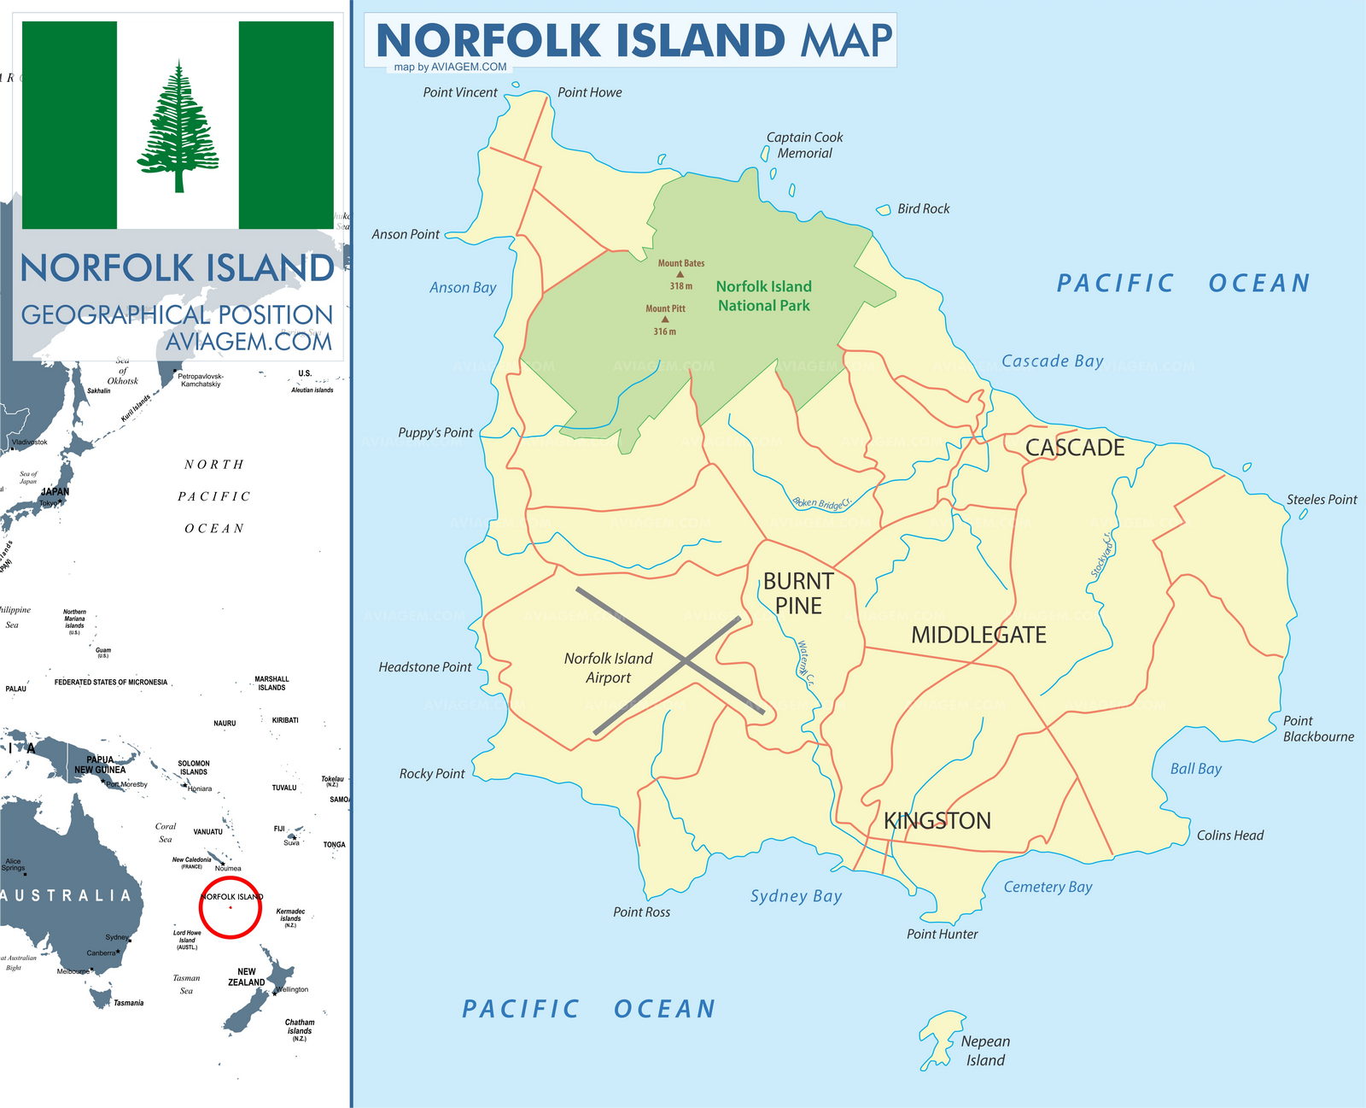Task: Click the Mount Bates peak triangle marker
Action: (x=680, y=274)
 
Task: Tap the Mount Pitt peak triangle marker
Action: (x=665, y=320)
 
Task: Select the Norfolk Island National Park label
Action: (x=763, y=296)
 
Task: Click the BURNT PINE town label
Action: (x=798, y=593)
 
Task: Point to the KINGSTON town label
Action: (x=937, y=820)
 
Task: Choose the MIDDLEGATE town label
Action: (x=978, y=635)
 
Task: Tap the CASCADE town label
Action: (x=1074, y=448)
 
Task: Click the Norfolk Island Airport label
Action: (x=608, y=668)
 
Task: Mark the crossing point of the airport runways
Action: (x=686, y=660)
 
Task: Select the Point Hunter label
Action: (x=942, y=934)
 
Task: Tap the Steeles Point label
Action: (x=1321, y=500)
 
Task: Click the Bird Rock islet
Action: (x=884, y=209)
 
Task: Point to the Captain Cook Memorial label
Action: (x=804, y=145)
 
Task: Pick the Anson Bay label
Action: (x=463, y=288)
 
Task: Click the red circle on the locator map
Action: (x=231, y=907)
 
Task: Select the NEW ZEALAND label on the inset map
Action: (x=246, y=976)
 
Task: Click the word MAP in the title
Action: (x=846, y=40)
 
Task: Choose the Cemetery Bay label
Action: (x=1048, y=887)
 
